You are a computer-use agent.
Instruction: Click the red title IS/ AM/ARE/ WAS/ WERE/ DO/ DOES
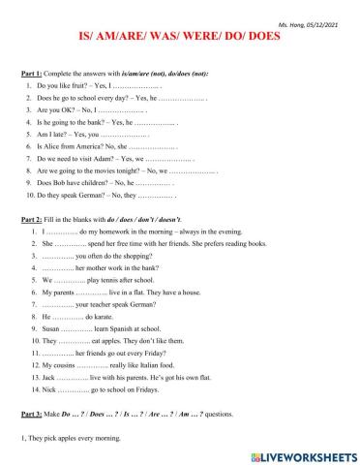[x=180, y=35]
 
